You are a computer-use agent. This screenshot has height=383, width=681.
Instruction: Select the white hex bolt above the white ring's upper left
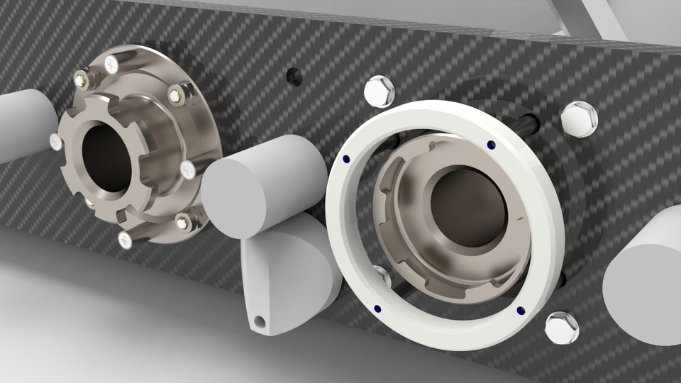click(x=379, y=90)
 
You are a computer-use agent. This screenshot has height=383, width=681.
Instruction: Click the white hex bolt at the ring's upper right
click(x=580, y=118)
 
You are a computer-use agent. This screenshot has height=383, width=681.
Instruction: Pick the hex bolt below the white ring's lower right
click(x=561, y=327)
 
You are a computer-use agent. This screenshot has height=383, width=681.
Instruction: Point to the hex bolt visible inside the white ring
click(x=381, y=276)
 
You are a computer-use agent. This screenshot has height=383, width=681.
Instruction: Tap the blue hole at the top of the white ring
click(x=491, y=145)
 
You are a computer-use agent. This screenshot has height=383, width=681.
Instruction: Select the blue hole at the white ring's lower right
click(x=521, y=310)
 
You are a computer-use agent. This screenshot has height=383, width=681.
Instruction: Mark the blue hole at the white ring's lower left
click(x=377, y=308)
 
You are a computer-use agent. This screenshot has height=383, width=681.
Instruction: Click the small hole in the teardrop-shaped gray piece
click(x=260, y=322)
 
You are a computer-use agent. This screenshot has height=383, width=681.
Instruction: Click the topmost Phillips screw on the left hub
click(x=111, y=65)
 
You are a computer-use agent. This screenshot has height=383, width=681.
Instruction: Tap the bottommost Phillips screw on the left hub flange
click(x=125, y=240)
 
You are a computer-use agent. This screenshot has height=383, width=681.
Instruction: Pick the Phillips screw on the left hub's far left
click(x=56, y=142)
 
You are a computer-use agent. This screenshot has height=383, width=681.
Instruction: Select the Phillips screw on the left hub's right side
click(x=187, y=170)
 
